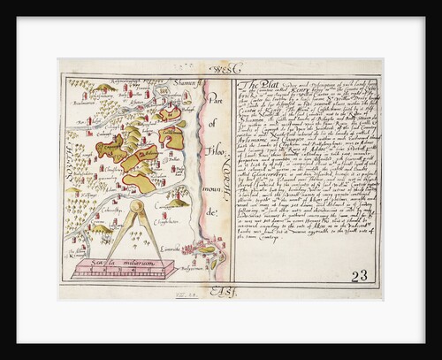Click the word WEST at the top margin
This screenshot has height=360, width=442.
[215, 67]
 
